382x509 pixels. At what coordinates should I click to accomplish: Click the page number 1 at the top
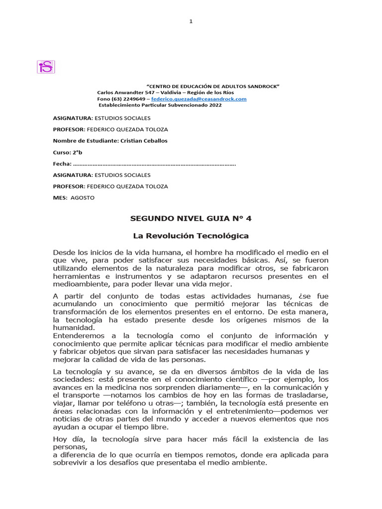tap(191, 21)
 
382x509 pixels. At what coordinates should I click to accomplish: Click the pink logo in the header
tap(46, 67)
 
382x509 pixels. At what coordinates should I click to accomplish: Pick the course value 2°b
tap(76, 153)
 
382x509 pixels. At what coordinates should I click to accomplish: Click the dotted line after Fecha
tap(154, 164)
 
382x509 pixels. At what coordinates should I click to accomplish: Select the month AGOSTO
tap(82, 198)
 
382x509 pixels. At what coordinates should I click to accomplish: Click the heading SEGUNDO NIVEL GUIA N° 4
tap(191, 218)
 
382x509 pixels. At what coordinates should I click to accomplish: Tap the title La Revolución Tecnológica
tap(191, 236)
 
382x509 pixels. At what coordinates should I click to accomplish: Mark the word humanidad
tap(73, 328)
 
